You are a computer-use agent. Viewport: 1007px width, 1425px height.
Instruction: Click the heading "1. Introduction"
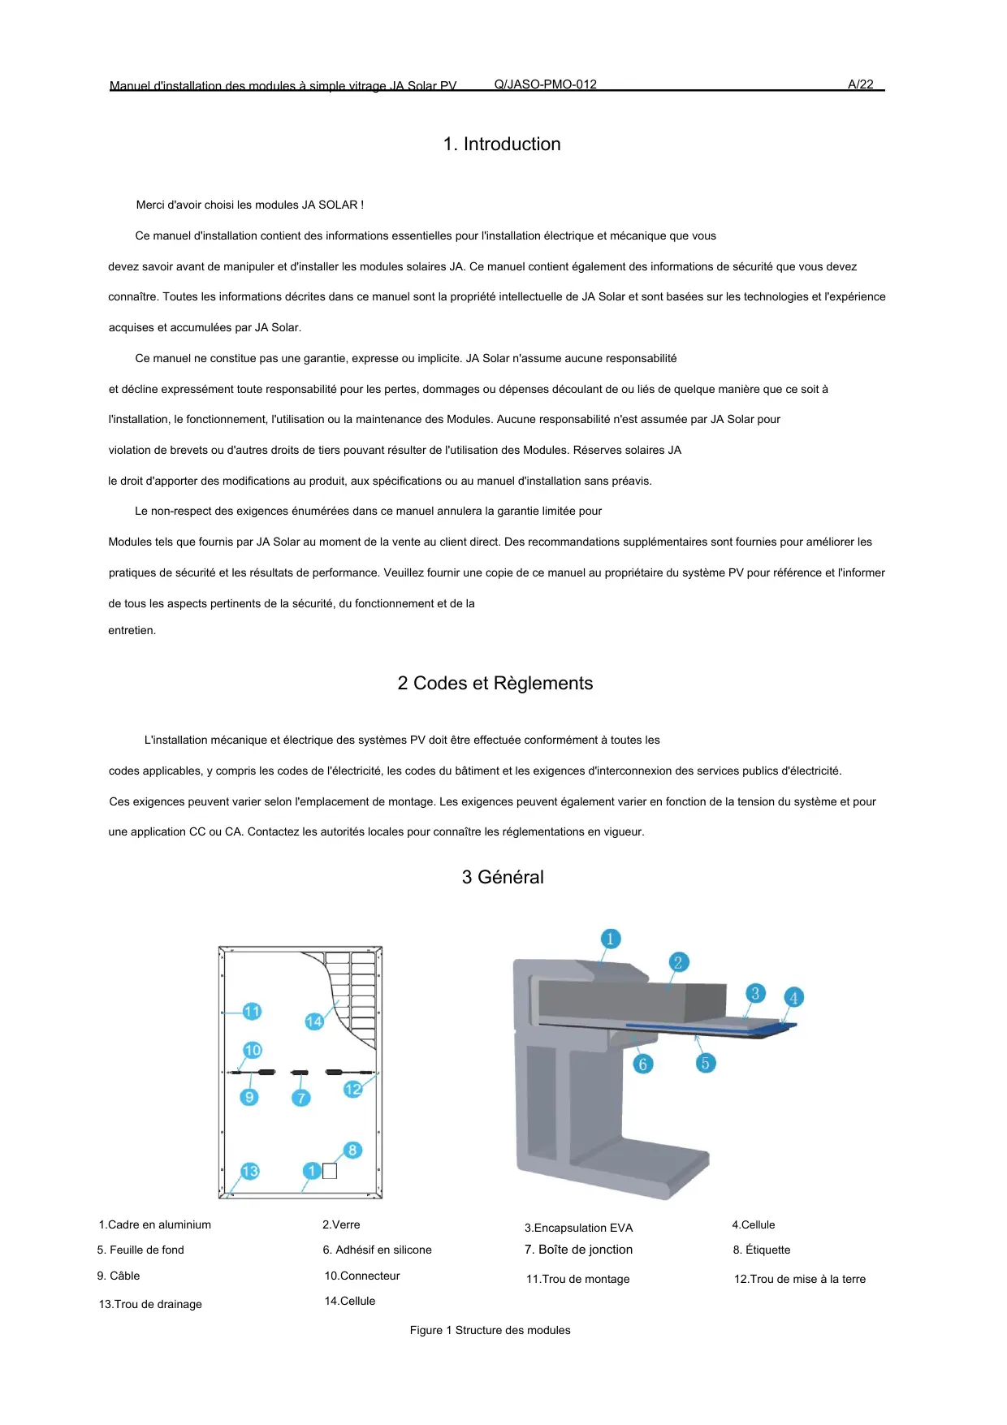coord(502,145)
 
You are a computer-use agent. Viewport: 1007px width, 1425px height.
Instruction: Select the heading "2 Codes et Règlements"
coord(495,684)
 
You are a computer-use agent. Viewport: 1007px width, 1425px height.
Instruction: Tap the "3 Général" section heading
coord(503,878)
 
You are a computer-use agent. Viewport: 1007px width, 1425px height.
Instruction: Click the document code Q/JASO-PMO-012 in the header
coord(545,84)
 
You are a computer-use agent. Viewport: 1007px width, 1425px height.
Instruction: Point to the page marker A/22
coord(860,84)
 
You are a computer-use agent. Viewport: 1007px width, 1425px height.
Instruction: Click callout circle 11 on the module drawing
coord(252,1012)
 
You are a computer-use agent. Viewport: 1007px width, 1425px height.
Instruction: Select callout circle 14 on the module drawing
coord(314,1021)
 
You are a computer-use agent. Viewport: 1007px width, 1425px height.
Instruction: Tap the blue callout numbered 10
coord(253,1051)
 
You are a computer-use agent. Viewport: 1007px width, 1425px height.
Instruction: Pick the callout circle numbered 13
coord(250,1171)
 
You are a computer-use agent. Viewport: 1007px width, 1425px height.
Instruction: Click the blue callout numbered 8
coord(352,1151)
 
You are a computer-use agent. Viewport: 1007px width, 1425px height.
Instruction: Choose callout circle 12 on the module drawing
coord(352,1090)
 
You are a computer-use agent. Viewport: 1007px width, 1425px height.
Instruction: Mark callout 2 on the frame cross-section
coord(678,963)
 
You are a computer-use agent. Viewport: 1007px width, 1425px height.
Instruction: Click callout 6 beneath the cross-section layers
coord(642,1064)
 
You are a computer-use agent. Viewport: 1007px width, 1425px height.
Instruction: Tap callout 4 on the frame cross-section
coord(793,998)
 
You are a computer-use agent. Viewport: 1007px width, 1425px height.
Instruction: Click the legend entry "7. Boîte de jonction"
coord(578,1250)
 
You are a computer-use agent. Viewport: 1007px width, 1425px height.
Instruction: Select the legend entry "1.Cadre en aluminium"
coord(154,1225)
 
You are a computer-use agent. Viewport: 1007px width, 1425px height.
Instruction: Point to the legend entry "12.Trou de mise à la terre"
coord(799,1280)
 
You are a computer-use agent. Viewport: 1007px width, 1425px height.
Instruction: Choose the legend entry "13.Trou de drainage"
coord(150,1305)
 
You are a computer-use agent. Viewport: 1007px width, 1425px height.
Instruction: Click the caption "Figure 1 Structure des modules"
coord(490,1331)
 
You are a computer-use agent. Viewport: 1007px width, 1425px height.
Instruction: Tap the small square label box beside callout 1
coord(330,1171)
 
